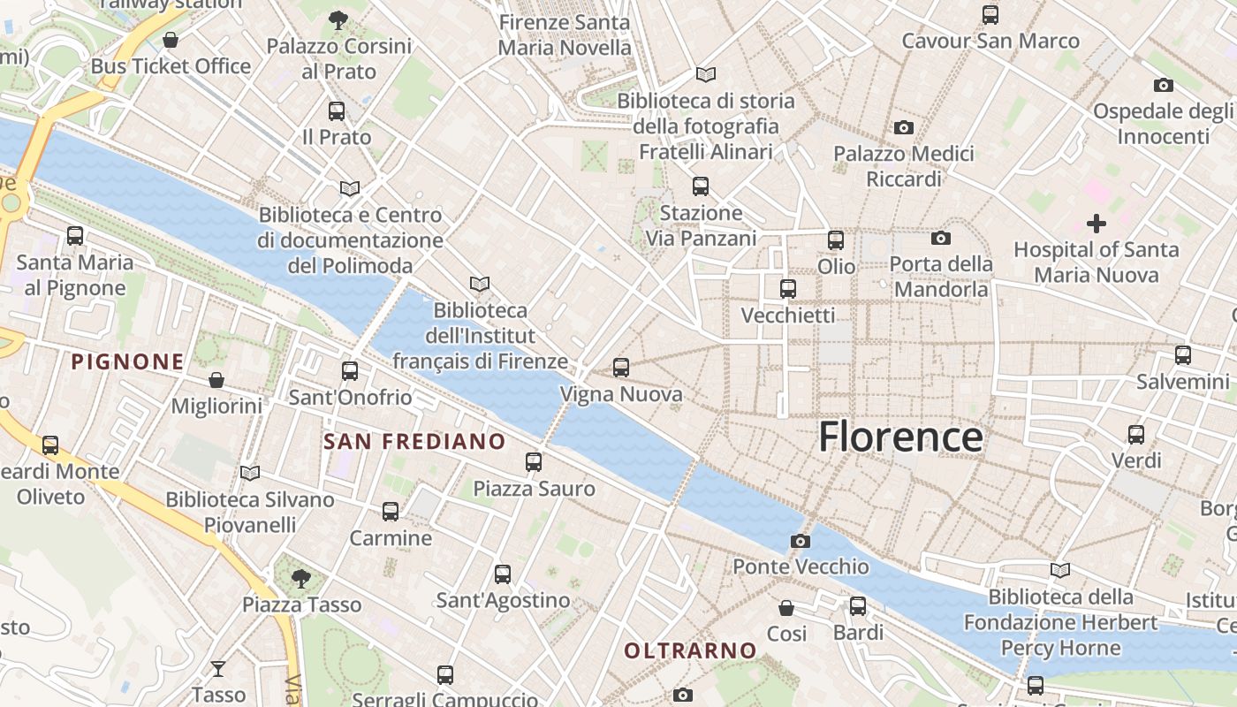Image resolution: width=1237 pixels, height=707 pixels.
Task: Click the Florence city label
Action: click(x=899, y=437)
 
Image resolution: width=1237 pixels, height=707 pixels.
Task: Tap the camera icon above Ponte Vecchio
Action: click(x=801, y=541)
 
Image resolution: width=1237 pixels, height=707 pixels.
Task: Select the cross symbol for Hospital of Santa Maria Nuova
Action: click(x=1097, y=224)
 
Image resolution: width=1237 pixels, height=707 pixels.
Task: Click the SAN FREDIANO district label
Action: click(x=414, y=441)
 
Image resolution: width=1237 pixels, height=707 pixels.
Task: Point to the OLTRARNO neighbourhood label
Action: click(x=690, y=651)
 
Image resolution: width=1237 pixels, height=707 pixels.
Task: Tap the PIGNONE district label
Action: click(x=128, y=361)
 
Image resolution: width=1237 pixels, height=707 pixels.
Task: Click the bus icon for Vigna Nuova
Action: click(x=621, y=367)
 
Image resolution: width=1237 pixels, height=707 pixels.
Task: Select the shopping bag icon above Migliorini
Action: click(x=216, y=380)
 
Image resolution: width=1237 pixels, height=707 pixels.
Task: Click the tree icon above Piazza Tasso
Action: click(x=300, y=579)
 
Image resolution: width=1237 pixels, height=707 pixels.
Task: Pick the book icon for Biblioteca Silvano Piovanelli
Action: click(x=250, y=474)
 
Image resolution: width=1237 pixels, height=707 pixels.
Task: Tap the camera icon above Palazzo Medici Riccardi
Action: click(x=903, y=128)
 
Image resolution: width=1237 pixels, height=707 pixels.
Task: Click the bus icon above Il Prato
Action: click(x=337, y=111)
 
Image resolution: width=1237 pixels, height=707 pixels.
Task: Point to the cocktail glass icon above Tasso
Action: click(x=218, y=669)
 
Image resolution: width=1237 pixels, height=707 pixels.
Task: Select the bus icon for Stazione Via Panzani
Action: click(x=701, y=186)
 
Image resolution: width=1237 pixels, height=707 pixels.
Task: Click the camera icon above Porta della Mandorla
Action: click(x=941, y=238)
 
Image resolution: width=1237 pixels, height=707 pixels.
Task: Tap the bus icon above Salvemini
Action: click(x=1183, y=355)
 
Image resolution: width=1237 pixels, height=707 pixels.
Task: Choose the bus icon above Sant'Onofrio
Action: click(x=350, y=371)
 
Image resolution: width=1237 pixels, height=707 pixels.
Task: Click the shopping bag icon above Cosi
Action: click(x=786, y=608)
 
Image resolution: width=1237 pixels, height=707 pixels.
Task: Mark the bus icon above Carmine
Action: click(x=391, y=512)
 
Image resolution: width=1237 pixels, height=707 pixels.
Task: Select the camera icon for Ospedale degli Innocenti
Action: click(x=1164, y=86)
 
